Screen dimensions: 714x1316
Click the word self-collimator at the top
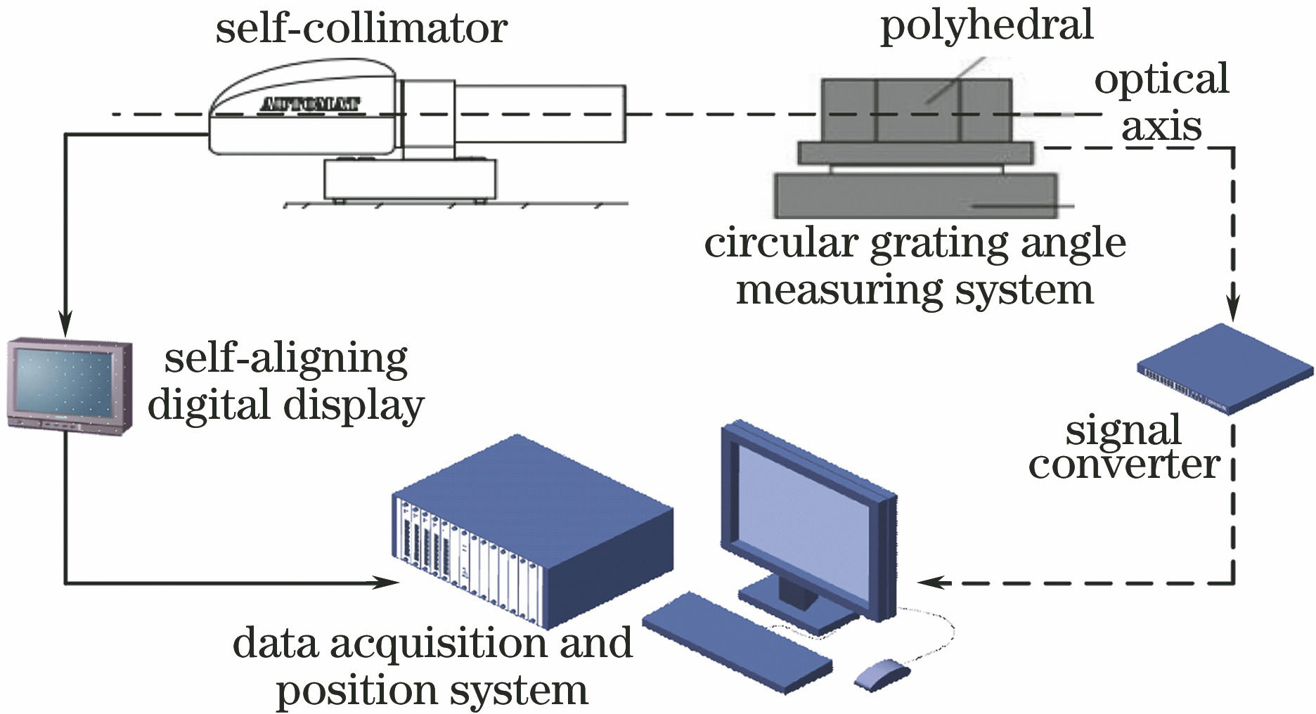[x=361, y=30]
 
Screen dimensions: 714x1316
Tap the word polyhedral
[x=986, y=25]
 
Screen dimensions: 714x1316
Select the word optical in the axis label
[x=1161, y=79]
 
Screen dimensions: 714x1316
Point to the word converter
[x=1123, y=465]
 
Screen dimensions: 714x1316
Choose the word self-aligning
[x=285, y=359]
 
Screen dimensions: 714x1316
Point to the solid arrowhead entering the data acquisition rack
[x=389, y=582]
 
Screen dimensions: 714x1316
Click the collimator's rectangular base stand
[x=410, y=178]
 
